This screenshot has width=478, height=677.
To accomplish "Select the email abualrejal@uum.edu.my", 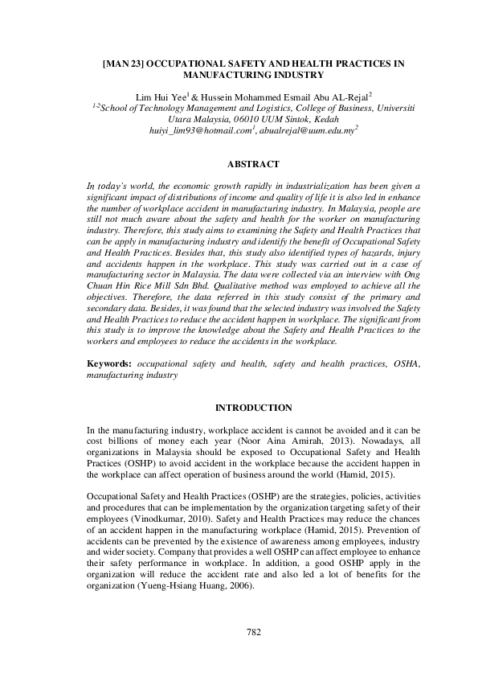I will coord(307,129).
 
